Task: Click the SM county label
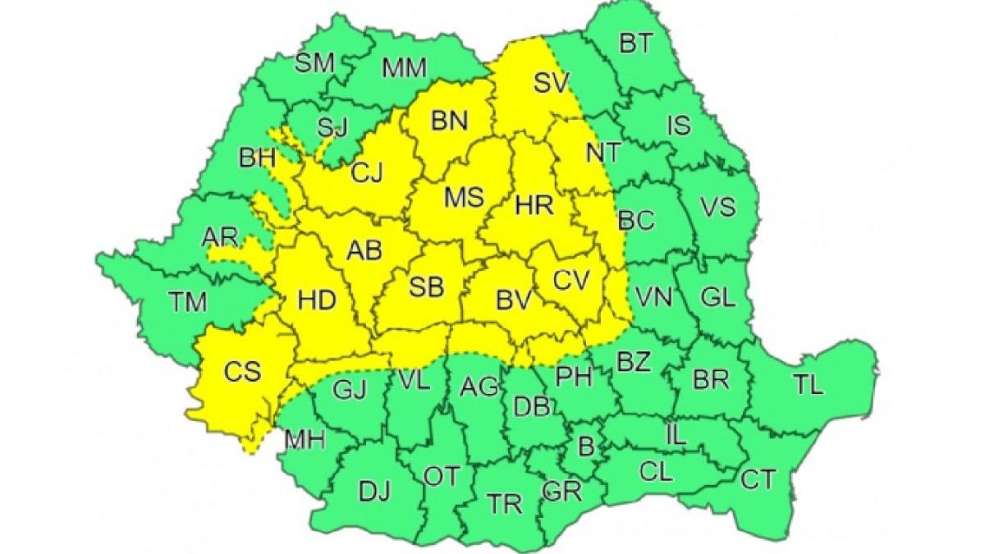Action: point(314,63)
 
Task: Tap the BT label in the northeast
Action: point(635,43)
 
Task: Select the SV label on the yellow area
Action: point(552,82)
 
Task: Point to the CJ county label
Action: point(369,173)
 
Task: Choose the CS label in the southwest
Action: point(242,371)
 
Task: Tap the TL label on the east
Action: point(809,385)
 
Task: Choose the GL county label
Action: point(717,297)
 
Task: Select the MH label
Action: point(305,440)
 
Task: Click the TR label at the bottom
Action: point(504,503)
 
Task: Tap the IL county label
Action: point(675,437)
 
